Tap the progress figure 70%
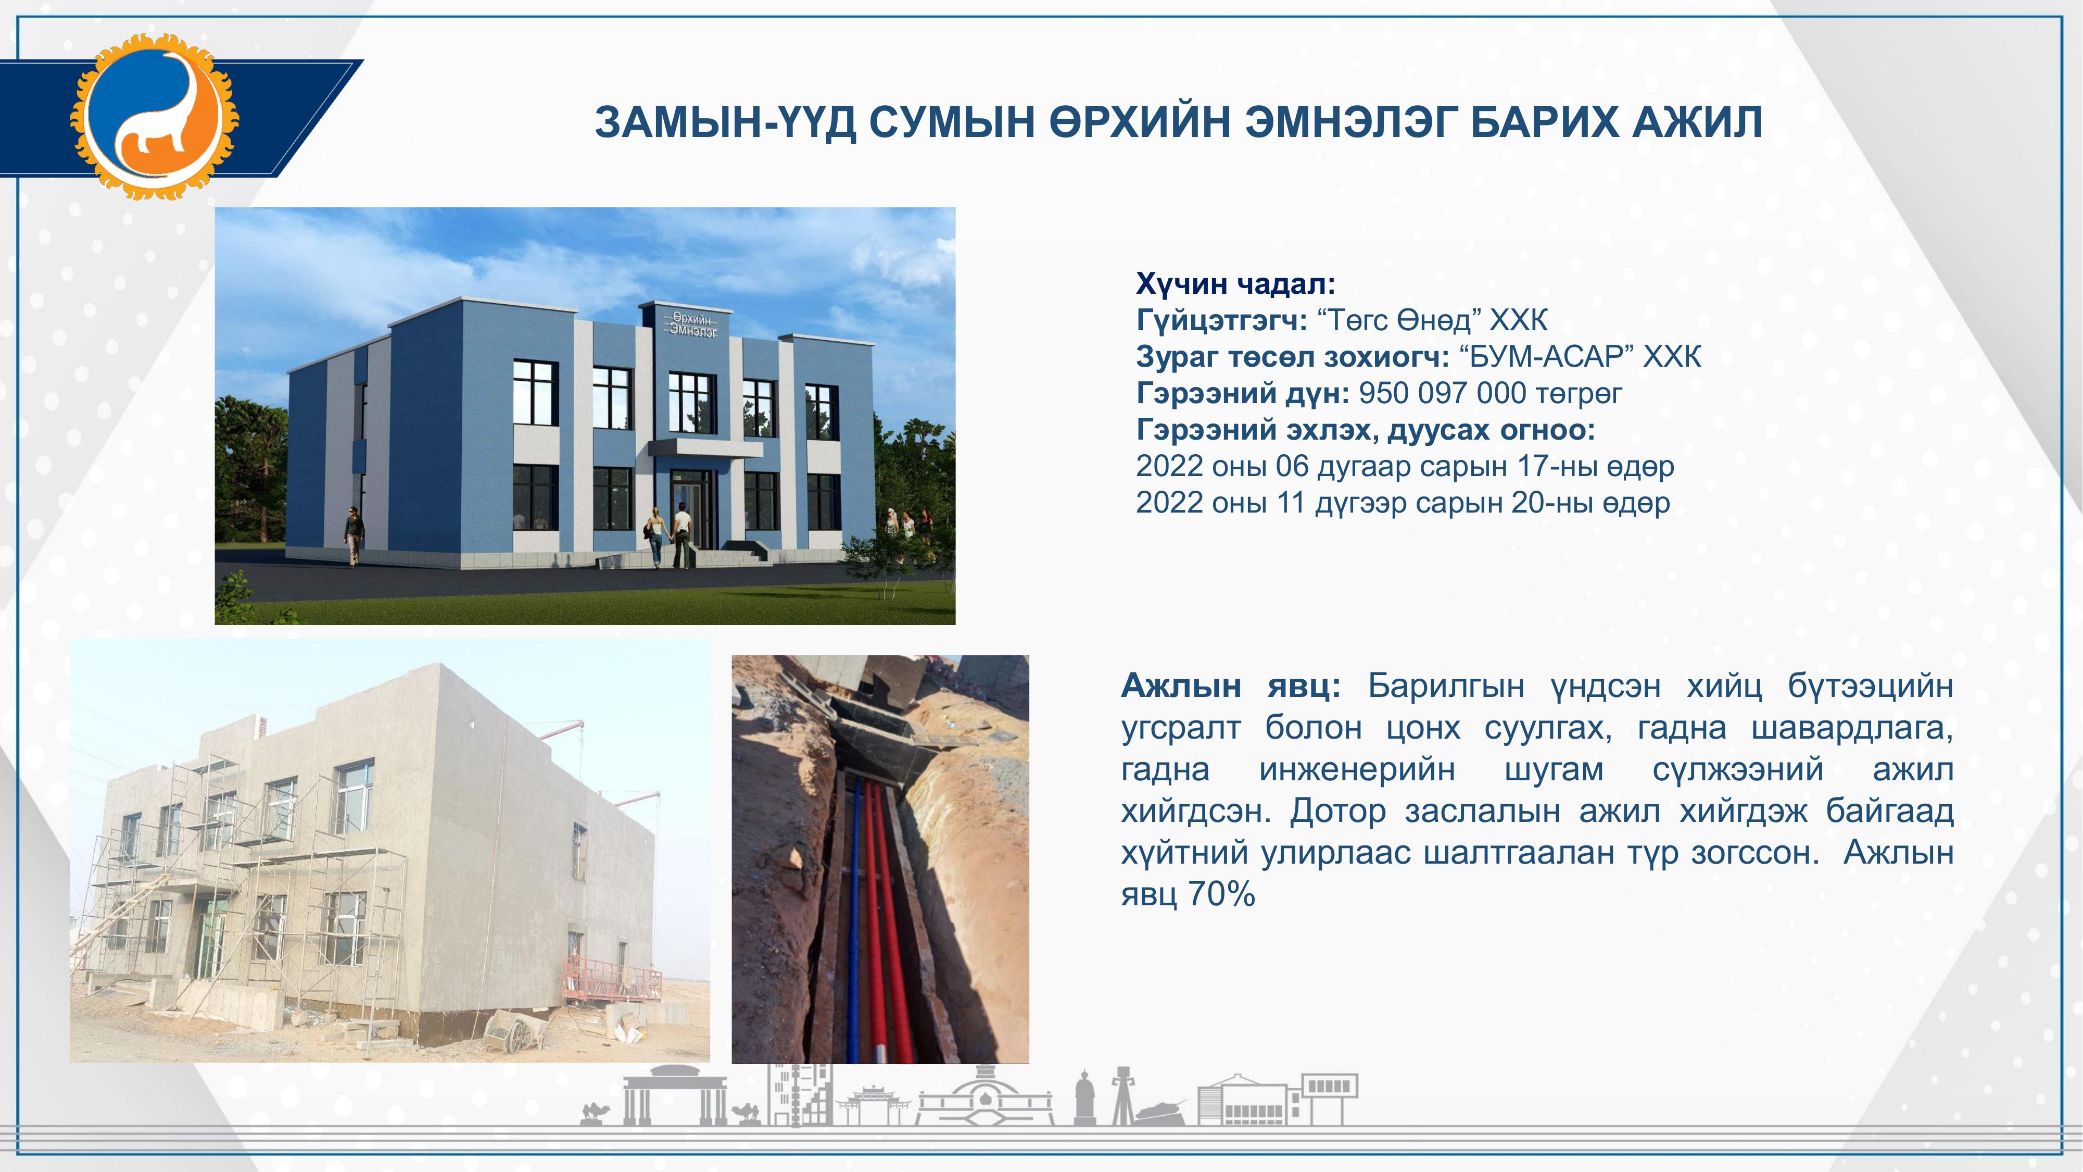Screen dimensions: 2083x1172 1222,894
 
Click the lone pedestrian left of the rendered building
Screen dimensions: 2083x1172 352,535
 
